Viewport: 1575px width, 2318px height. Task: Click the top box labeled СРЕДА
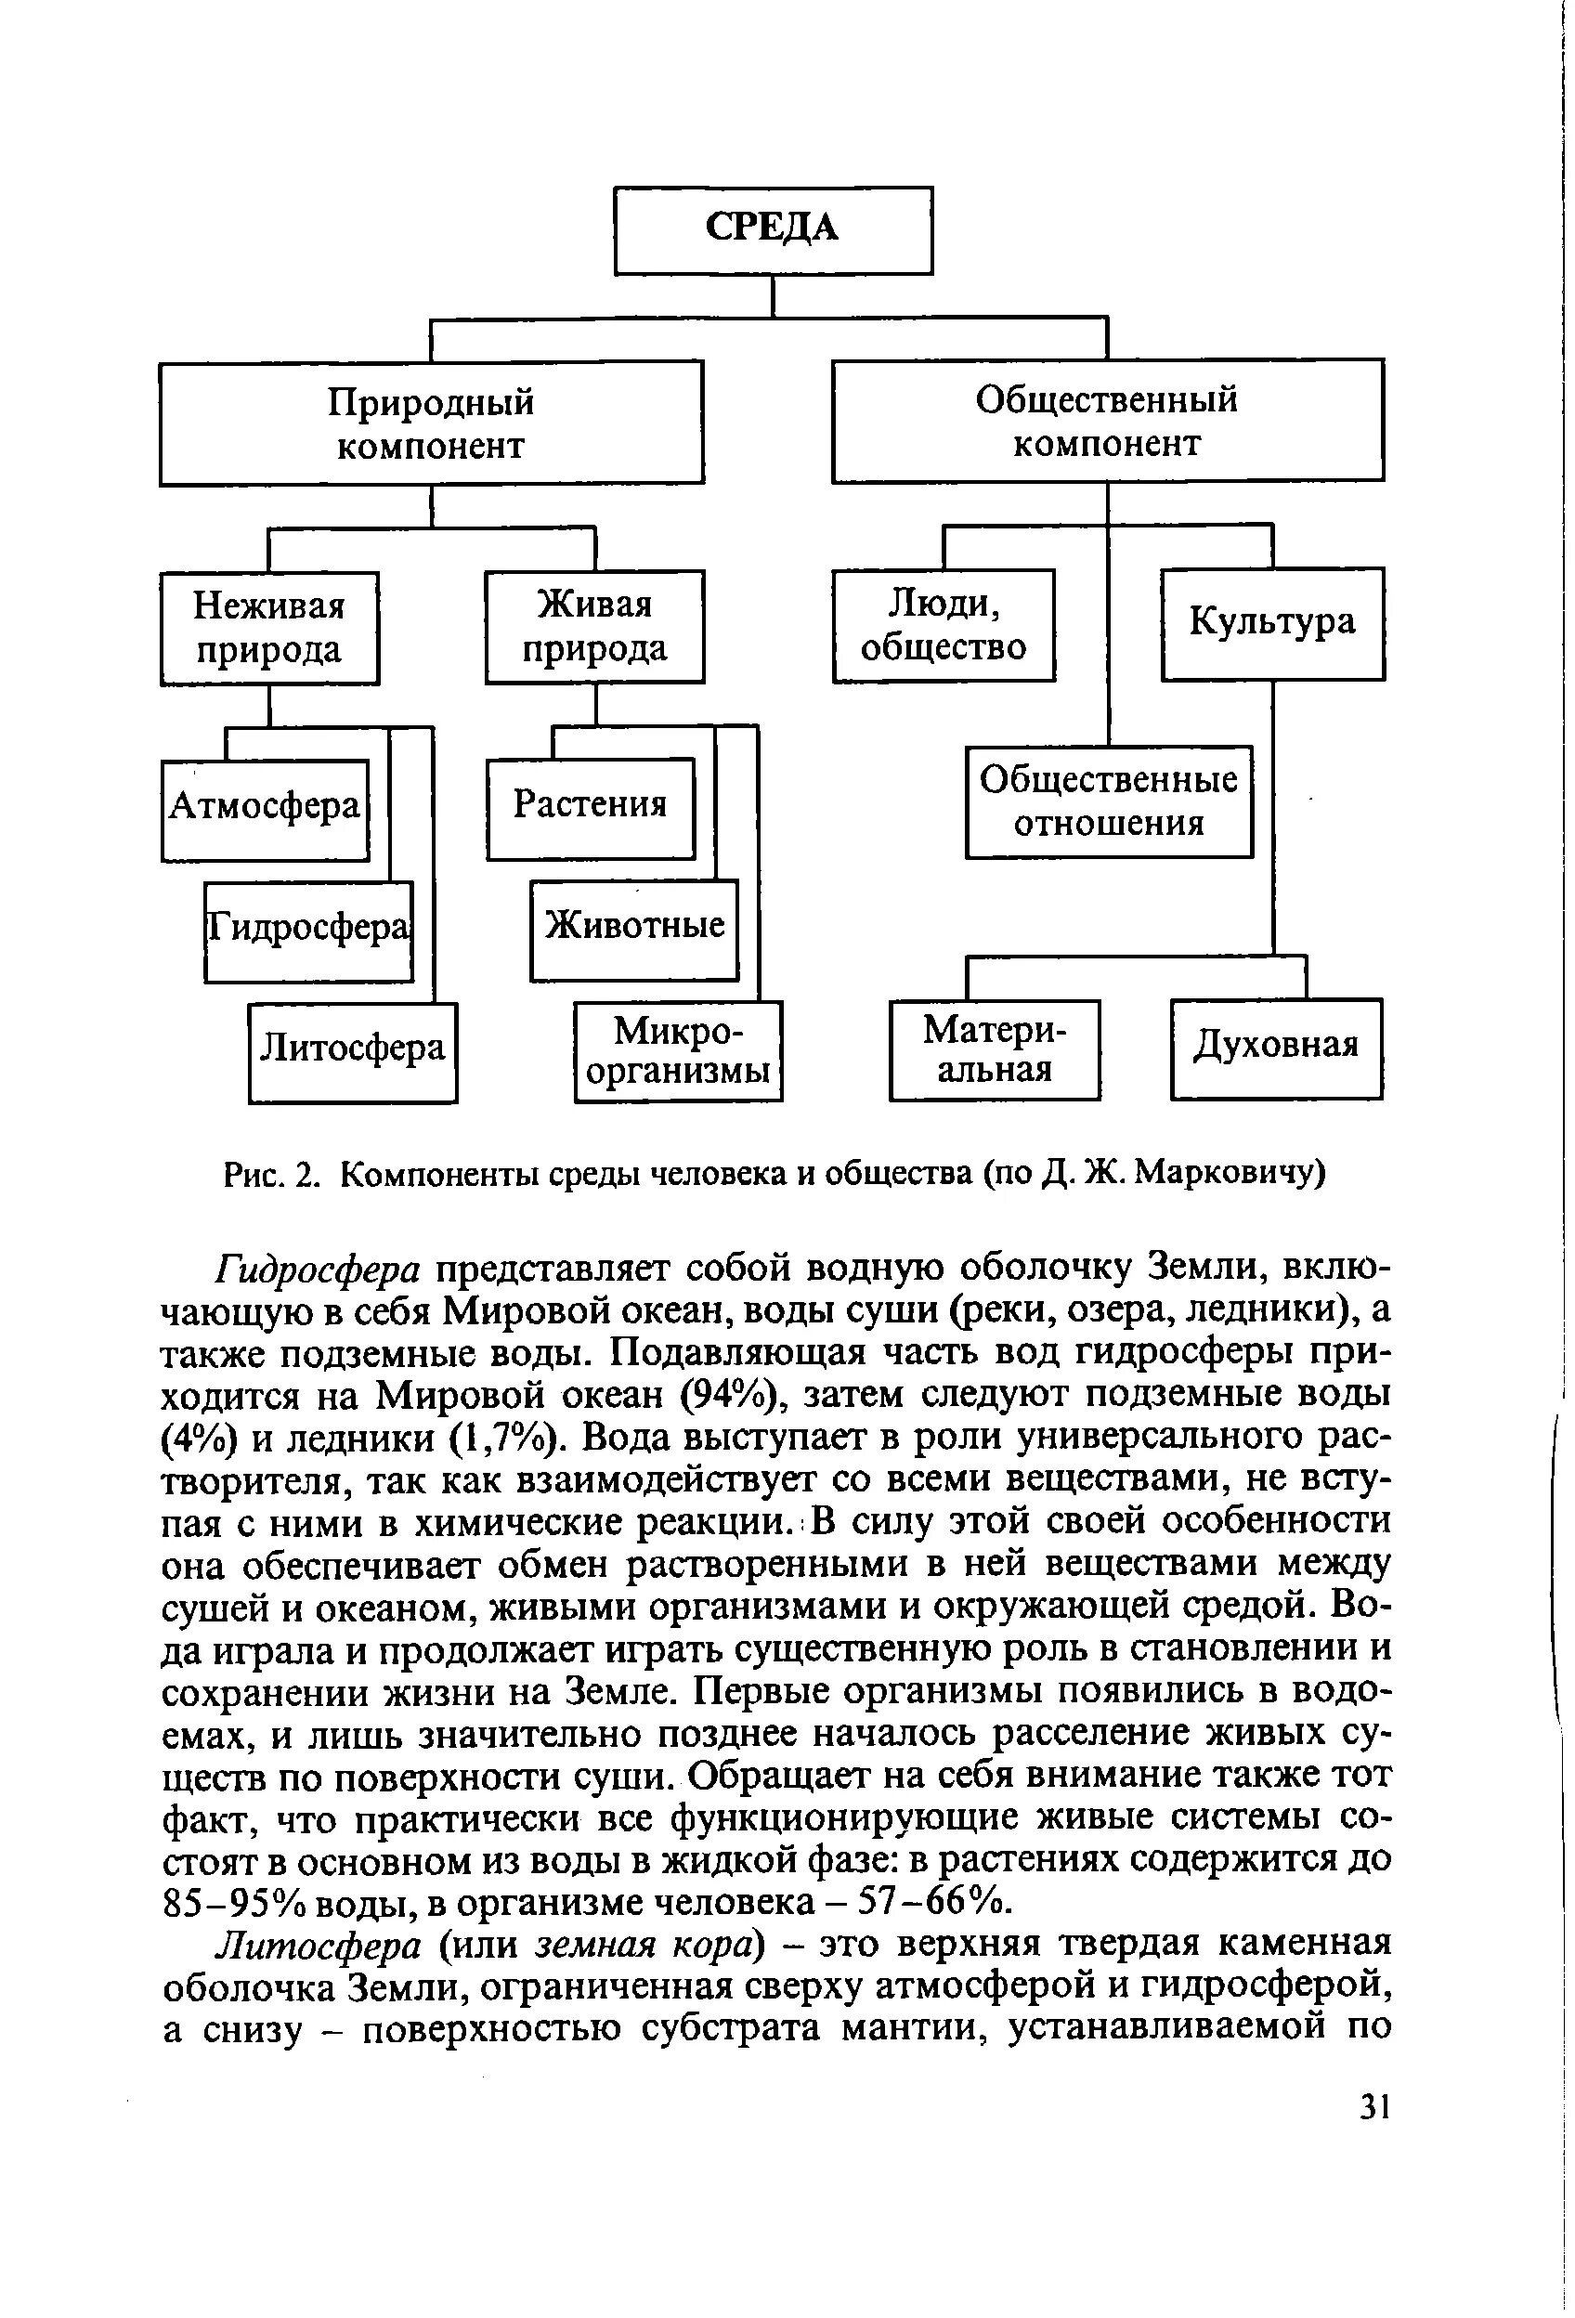point(773,229)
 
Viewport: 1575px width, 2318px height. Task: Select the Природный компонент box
point(431,423)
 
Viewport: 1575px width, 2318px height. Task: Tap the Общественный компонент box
point(1107,420)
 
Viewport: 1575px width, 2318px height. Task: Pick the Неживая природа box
point(269,628)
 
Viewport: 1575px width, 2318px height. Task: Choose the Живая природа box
point(594,625)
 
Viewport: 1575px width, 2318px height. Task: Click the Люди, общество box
point(944,625)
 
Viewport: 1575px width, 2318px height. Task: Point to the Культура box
point(1273,623)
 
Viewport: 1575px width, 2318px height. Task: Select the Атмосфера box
point(265,809)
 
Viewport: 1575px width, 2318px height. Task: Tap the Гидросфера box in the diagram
point(308,931)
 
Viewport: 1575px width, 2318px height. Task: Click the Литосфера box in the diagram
point(352,1051)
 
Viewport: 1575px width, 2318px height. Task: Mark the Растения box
point(590,808)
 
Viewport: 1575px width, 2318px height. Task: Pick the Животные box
point(634,929)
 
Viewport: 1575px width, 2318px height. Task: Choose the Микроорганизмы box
point(678,1050)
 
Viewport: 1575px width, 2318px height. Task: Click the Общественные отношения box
point(1108,801)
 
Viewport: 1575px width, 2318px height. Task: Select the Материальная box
point(995,1049)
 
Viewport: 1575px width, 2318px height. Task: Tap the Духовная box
point(1276,1048)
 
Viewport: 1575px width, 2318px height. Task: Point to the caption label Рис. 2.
point(271,1177)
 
